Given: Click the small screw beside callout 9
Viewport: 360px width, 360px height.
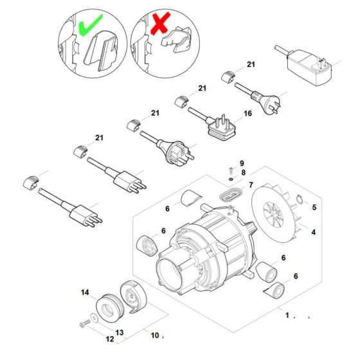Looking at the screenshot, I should (x=230, y=170).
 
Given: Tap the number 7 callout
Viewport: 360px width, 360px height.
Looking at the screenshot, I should (x=251, y=185).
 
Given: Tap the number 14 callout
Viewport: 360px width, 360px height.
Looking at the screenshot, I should (x=84, y=292).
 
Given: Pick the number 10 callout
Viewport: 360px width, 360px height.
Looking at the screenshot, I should (x=154, y=334).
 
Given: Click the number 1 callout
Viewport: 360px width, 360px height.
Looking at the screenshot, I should (x=288, y=316).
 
